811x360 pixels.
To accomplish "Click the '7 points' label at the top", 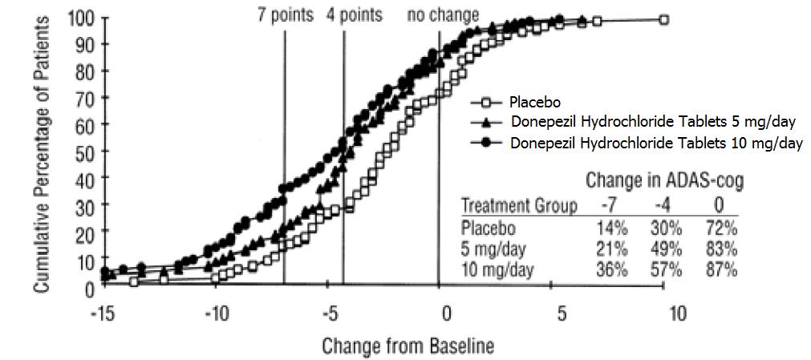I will pyautogui.click(x=285, y=14).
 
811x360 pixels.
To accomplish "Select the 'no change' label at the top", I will pyautogui.click(x=444, y=14).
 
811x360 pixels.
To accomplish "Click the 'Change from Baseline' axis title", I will pyautogui.click(x=408, y=346).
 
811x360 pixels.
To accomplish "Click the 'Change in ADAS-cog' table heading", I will pyautogui.click(x=664, y=181).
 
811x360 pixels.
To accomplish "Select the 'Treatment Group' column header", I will pyautogui.click(x=518, y=206).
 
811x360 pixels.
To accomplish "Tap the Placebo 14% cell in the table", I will pyautogui.click(x=612, y=228).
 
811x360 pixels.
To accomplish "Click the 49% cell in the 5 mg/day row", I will pyautogui.click(x=665, y=249).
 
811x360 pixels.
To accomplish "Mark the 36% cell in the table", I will pyautogui.click(x=612, y=269).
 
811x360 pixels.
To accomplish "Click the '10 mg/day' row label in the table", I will pyautogui.click(x=498, y=269).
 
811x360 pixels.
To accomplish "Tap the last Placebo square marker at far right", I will pyautogui.click(x=663, y=19).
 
